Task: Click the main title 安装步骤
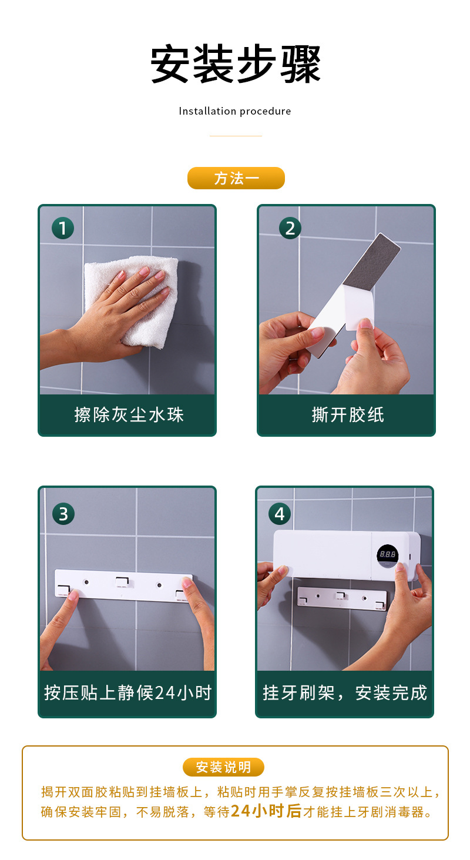pyautogui.click(x=235, y=65)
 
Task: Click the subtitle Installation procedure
pyautogui.click(x=235, y=111)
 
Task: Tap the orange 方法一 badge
pyautogui.click(x=236, y=178)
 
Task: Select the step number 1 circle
pyautogui.click(x=63, y=227)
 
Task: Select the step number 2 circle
pyautogui.click(x=290, y=227)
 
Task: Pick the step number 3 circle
pyautogui.click(x=63, y=514)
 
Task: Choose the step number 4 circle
pyautogui.click(x=280, y=514)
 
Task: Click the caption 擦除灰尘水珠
pyautogui.click(x=129, y=415)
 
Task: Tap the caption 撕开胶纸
pyautogui.click(x=347, y=415)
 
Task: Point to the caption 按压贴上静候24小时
pyautogui.click(x=127, y=693)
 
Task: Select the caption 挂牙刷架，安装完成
pyautogui.click(x=345, y=693)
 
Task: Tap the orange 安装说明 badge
pyautogui.click(x=223, y=767)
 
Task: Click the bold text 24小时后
pyautogui.click(x=266, y=812)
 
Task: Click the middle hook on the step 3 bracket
pyautogui.click(x=122, y=582)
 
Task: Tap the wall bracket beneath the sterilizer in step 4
pyautogui.click(x=341, y=597)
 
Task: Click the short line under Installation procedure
pyautogui.click(x=235, y=136)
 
